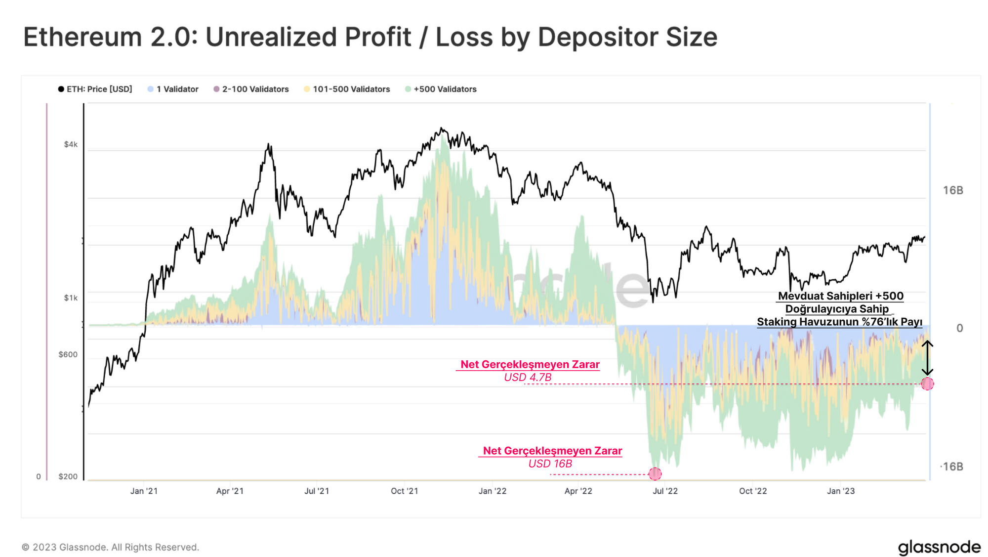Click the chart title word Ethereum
point(82,37)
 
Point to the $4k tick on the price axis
point(71,144)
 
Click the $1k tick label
point(71,298)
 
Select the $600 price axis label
point(68,354)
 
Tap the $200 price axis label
point(68,476)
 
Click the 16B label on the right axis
point(953,190)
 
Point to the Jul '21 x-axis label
point(317,491)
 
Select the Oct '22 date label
point(753,491)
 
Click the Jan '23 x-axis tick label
point(841,491)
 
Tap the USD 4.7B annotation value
point(528,378)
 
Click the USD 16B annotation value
point(550,464)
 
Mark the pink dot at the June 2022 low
point(655,474)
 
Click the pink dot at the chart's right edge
point(927,384)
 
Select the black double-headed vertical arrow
point(927,358)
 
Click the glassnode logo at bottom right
point(939,547)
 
